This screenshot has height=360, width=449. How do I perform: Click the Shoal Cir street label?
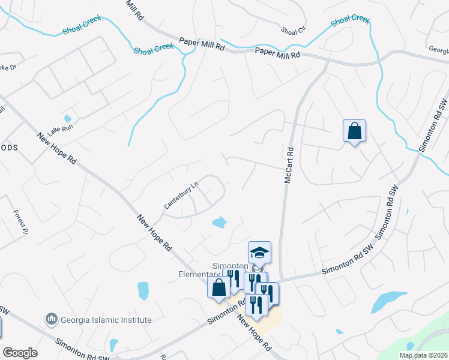294,29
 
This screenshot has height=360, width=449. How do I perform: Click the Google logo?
20,353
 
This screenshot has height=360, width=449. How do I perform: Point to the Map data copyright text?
424,355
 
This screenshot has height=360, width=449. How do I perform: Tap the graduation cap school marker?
260,252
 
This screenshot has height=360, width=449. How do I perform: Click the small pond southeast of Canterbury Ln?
220,223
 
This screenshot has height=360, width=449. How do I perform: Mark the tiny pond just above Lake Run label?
67,118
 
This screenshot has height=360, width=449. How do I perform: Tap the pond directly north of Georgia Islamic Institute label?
143,290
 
